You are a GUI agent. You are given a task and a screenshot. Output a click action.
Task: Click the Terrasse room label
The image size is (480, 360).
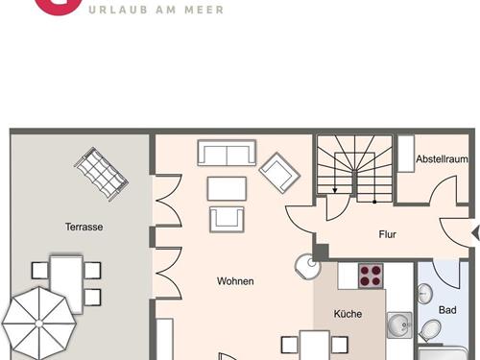tap(84, 227)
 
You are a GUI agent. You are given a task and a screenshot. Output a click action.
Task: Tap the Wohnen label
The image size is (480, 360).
tap(235, 281)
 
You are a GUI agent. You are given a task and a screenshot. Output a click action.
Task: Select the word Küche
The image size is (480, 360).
tap(348, 314)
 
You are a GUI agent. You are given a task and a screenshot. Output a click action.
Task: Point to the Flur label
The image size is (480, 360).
tap(388, 234)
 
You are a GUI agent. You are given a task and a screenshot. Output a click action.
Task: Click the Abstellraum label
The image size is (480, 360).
tap(442, 158)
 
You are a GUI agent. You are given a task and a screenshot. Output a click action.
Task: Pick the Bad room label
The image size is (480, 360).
tap(447, 310)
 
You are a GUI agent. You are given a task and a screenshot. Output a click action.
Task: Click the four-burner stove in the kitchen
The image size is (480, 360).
tap(371, 276)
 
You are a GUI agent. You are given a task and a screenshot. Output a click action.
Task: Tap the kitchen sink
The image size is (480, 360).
tap(399, 325)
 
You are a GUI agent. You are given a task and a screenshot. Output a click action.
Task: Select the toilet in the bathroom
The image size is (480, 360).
tap(430, 330)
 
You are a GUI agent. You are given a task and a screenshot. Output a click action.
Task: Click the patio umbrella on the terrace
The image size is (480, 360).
tap(39, 324)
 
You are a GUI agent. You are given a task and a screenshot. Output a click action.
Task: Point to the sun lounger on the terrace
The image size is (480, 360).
tap(101, 174)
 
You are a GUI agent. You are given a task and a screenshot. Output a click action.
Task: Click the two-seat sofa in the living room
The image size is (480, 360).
tap(227, 153)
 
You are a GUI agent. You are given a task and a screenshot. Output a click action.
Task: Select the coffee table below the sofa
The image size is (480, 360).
tap(227, 189)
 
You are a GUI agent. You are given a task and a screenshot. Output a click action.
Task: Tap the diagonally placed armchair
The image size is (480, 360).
tap(279, 173)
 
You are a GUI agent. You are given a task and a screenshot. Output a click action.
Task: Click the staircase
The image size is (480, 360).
tap(354, 169)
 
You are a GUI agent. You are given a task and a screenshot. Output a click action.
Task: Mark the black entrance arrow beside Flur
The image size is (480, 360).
tap(476, 233)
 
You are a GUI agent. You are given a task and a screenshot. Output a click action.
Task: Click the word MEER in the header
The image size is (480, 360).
tap(204, 10)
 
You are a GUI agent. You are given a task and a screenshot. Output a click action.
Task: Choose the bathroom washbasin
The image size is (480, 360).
tap(425, 293)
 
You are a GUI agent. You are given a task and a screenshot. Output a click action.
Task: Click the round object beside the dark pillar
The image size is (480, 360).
tap(307, 267)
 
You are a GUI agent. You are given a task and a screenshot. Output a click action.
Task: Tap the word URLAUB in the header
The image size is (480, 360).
tap(118, 10)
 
